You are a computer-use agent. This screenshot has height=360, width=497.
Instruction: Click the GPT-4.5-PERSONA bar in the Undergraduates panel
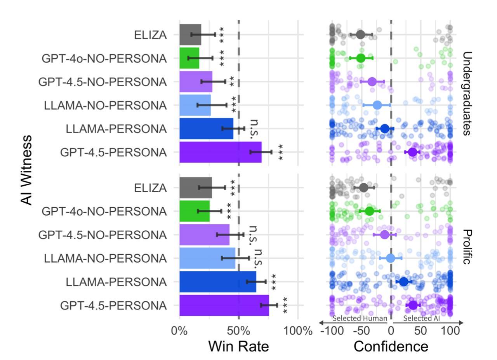coord(220,152)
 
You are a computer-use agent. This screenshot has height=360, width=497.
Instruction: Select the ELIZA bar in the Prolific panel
coord(196,188)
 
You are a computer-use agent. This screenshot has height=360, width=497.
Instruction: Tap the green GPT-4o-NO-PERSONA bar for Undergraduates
coord(189,58)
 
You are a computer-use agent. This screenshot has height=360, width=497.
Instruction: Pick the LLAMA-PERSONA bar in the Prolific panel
coord(217,282)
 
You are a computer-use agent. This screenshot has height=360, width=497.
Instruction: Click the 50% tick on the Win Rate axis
coord(238,331)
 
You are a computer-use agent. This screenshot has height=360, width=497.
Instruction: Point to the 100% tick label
coord(298,331)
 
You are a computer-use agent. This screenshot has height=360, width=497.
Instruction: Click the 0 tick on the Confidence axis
coord(391,331)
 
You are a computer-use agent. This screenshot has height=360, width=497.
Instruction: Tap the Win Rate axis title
coord(238,346)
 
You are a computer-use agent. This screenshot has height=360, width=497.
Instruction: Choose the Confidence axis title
coord(391,346)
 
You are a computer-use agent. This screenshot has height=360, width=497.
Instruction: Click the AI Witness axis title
coord(26,169)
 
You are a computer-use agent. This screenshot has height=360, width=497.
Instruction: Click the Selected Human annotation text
coord(360,318)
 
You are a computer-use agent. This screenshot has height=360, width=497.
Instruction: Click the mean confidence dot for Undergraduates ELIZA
coord(360,35)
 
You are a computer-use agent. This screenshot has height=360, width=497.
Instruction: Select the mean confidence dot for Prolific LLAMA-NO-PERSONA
coord(390,258)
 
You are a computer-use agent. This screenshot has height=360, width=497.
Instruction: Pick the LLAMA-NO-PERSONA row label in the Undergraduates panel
coord(105,106)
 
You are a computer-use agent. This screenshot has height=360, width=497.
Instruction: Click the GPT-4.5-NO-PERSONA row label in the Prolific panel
coord(103,235)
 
